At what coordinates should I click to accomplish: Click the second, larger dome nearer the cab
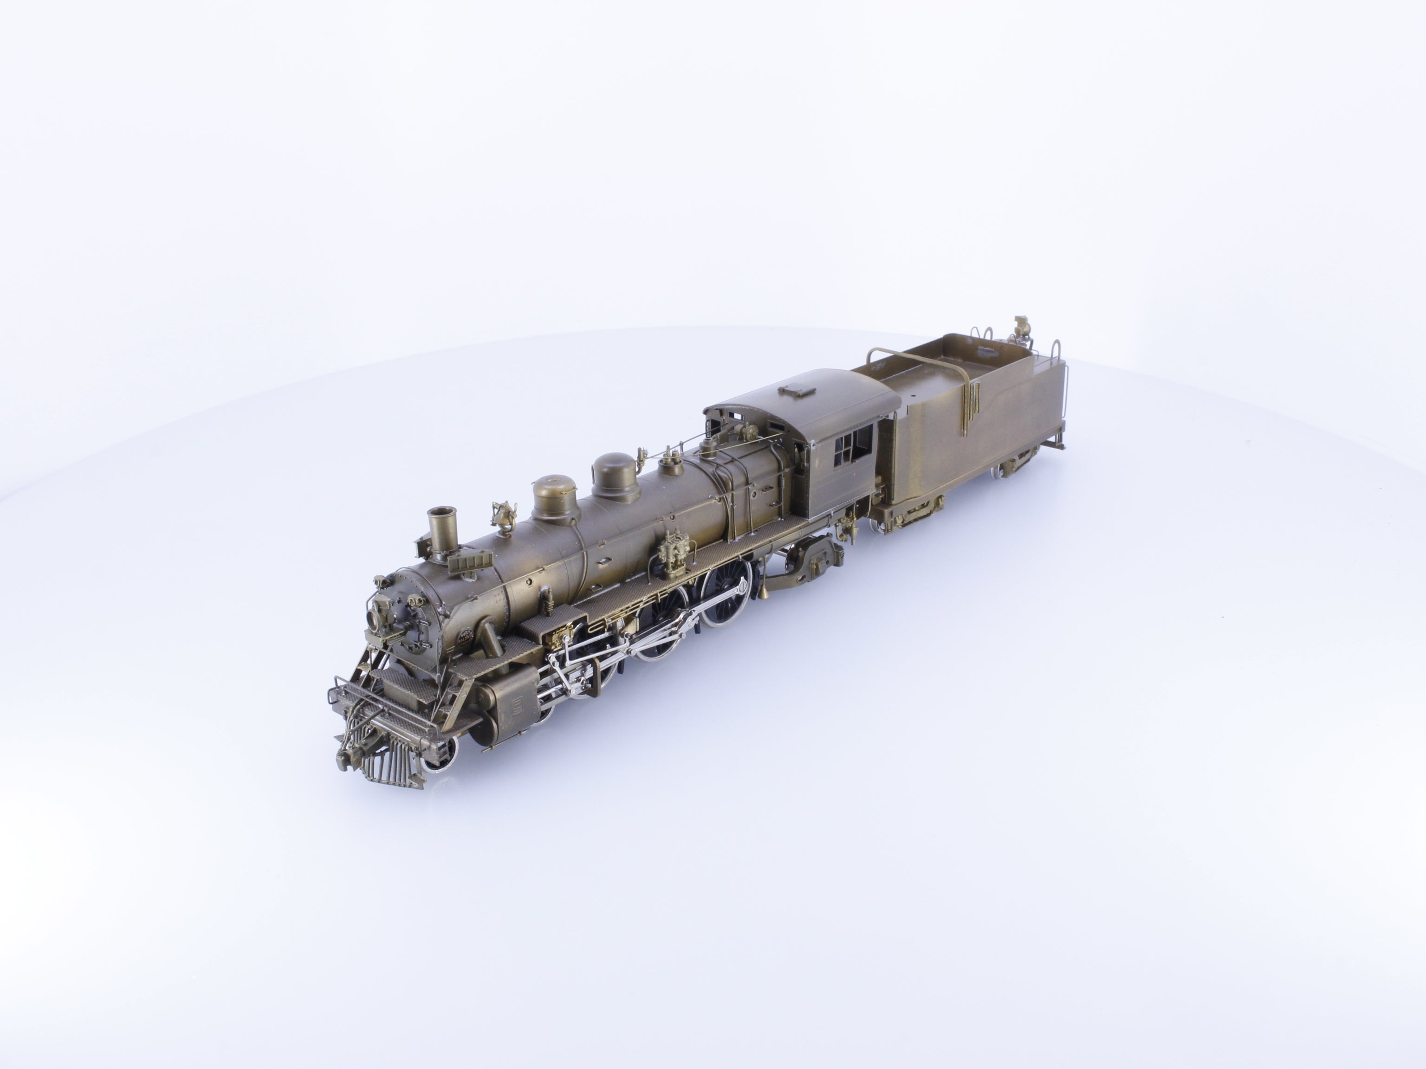[615, 476]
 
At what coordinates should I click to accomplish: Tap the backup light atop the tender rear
[1020, 328]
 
